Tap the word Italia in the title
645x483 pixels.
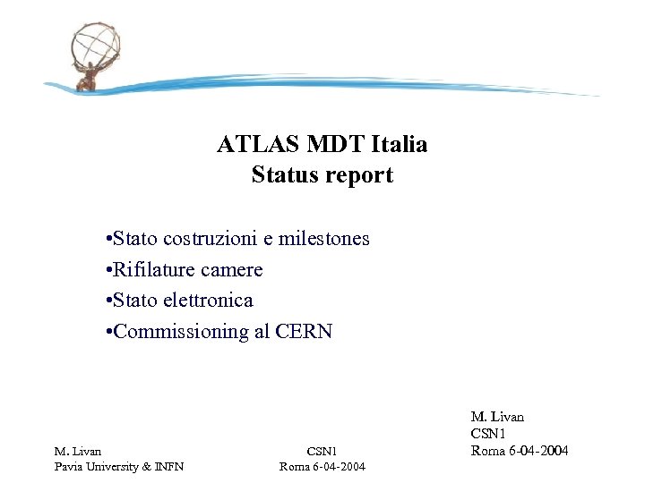click(x=400, y=144)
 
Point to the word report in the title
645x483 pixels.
click(x=358, y=174)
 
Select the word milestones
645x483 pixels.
click(x=325, y=239)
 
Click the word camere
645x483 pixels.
click(x=233, y=269)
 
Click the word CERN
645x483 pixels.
click(x=304, y=331)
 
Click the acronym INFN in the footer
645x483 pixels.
click(x=170, y=466)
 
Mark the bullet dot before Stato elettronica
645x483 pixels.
click(x=107, y=301)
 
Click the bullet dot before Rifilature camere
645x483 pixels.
click(x=107, y=270)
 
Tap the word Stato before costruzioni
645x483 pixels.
click(x=136, y=239)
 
